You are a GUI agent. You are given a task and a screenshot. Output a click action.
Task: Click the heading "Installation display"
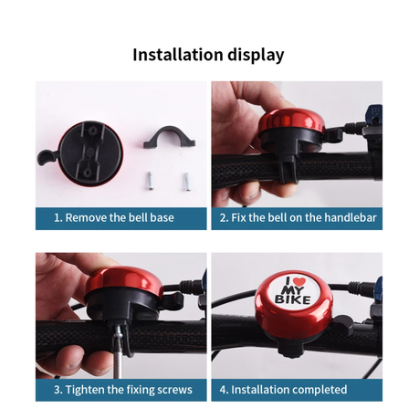pyautogui.click(x=208, y=55)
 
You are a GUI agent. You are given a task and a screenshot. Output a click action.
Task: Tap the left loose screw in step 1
pyautogui.click(x=150, y=181)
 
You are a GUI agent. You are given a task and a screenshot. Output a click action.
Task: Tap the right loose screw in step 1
pyautogui.click(x=186, y=182)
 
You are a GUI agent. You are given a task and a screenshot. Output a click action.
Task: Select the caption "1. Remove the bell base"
pyautogui.click(x=114, y=218)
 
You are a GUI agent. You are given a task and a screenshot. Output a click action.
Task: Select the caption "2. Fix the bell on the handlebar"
pyautogui.click(x=298, y=218)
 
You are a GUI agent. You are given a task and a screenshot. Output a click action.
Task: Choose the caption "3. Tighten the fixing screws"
pyautogui.click(x=123, y=390)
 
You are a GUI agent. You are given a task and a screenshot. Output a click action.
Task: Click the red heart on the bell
pyautogui.click(x=299, y=281)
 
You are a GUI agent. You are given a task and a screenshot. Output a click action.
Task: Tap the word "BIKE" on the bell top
pyautogui.click(x=293, y=299)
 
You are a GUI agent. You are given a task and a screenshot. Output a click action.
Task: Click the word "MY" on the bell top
pyautogui.click(x=293, y=290)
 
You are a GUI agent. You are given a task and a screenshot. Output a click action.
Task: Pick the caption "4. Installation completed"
pyautogui.click(x=283, y=390)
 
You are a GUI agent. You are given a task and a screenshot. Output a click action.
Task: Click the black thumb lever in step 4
pyautogui.click(x=342, y=325)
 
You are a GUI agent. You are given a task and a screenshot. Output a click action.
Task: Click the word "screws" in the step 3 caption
pyautogui.click(x=175, y=391)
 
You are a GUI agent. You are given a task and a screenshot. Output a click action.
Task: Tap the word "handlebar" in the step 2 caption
pyautogui.click(x=351, y=218)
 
